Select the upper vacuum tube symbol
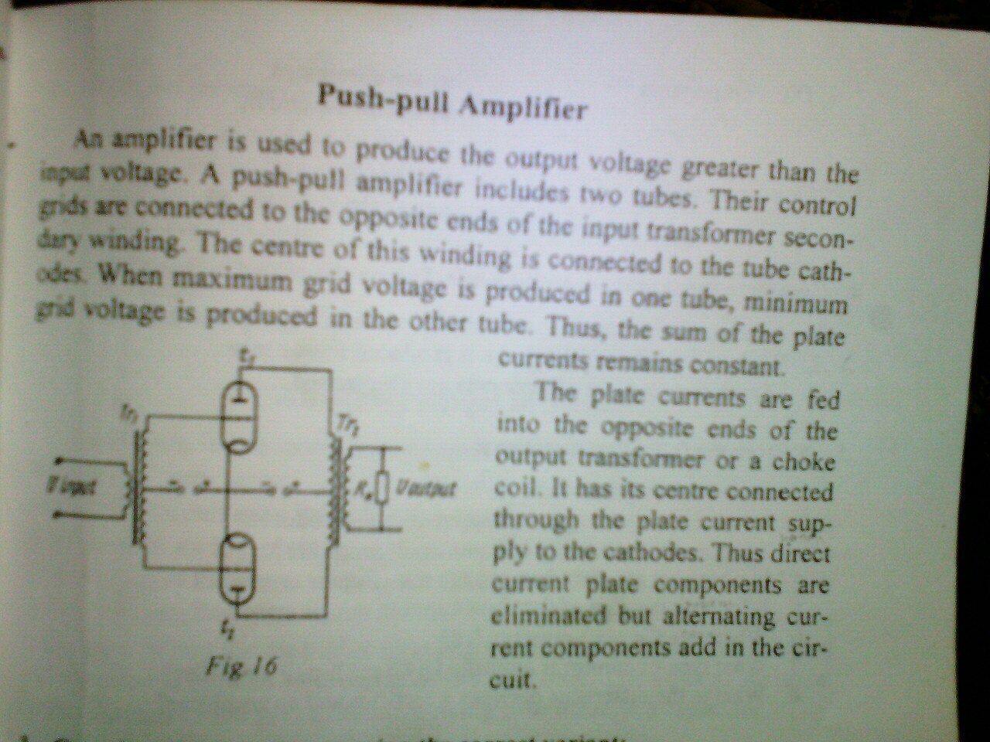(x=241, y=414)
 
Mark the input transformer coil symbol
(x=140, y=487)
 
